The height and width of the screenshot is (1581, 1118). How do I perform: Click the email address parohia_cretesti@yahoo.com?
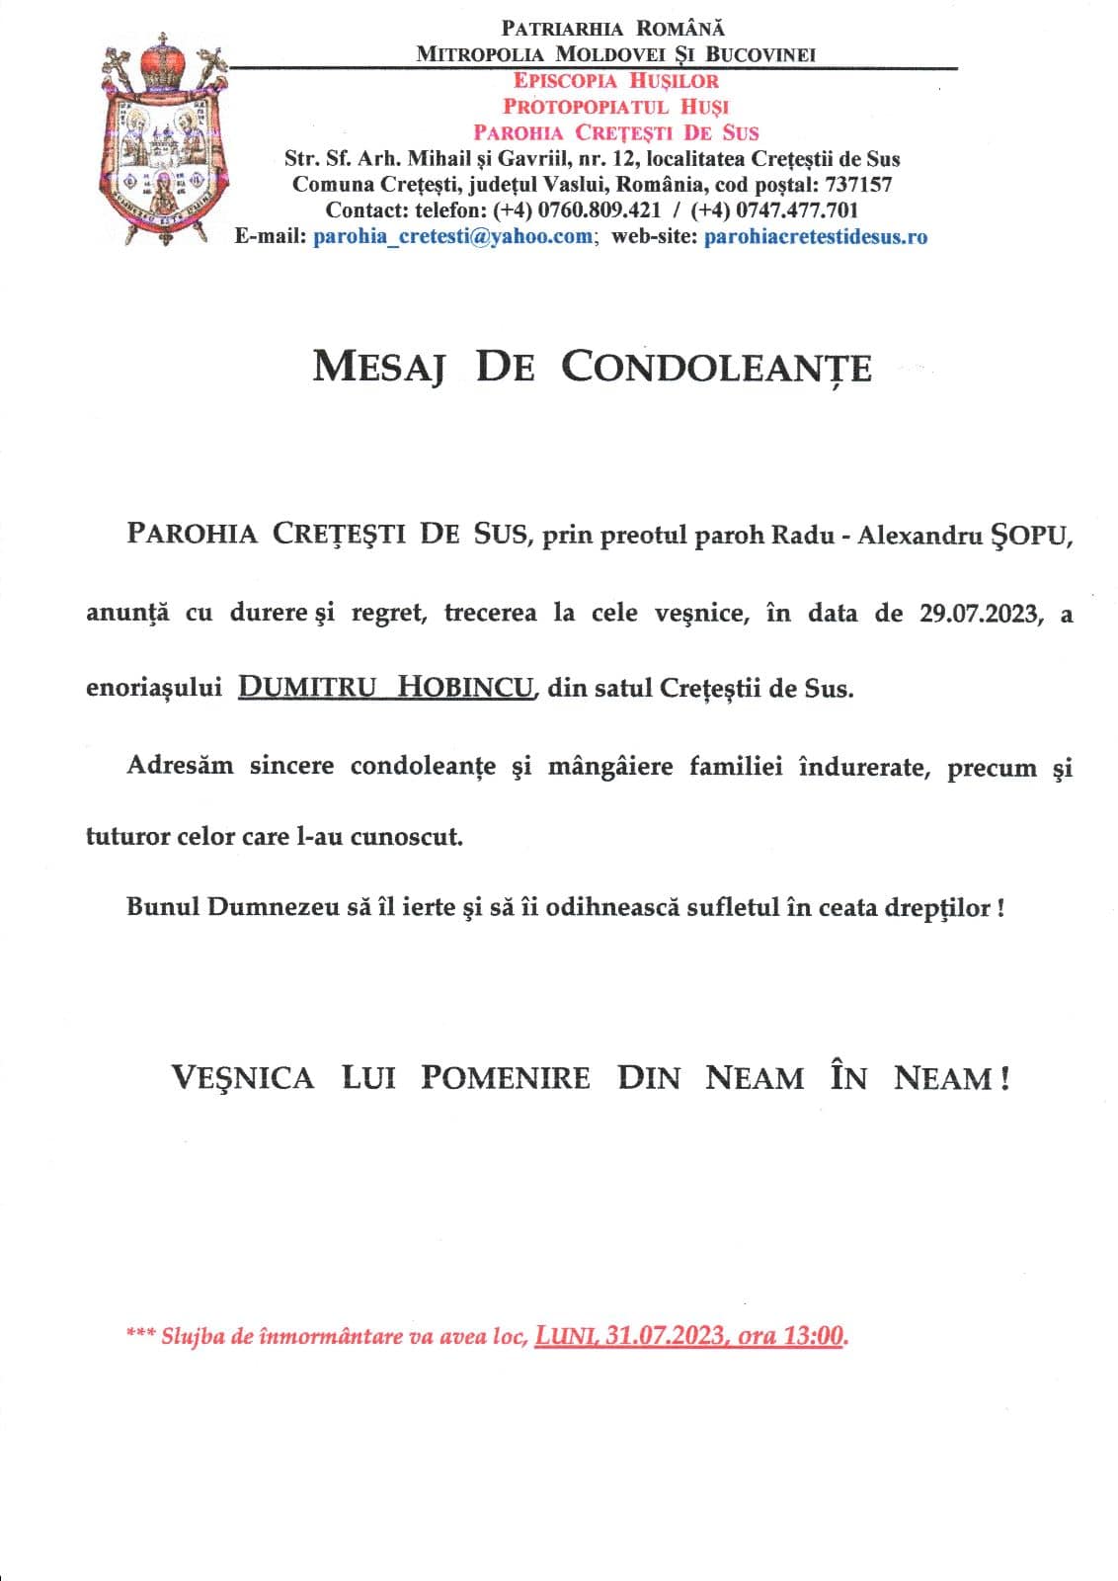point(453,236)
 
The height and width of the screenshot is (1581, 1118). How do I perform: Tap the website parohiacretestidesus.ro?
point(815,236)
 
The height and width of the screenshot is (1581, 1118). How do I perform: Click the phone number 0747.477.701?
point(796,210)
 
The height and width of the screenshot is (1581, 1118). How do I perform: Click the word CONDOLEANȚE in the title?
point(716,368)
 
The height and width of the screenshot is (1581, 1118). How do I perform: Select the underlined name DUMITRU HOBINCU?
point(386,688)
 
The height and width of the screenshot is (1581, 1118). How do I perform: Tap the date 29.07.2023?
point(980,614)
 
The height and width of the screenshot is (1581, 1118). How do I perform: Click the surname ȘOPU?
point(1030,537)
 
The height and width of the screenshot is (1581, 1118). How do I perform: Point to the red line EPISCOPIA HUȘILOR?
point(615,81)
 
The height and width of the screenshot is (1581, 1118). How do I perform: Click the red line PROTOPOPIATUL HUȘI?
point(615,107)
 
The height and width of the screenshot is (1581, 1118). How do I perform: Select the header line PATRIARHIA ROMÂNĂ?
point(612,30)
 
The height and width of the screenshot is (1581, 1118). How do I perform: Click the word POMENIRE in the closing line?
point(505,1077)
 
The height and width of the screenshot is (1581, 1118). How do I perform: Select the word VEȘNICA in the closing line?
point(243,1077)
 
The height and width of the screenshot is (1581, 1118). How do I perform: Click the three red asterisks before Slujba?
point(139,1335)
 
